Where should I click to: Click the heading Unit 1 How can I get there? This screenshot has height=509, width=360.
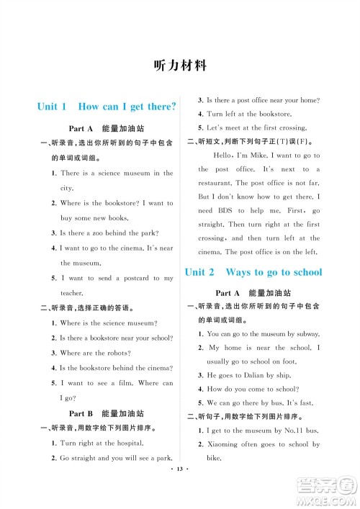pos(107,107)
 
